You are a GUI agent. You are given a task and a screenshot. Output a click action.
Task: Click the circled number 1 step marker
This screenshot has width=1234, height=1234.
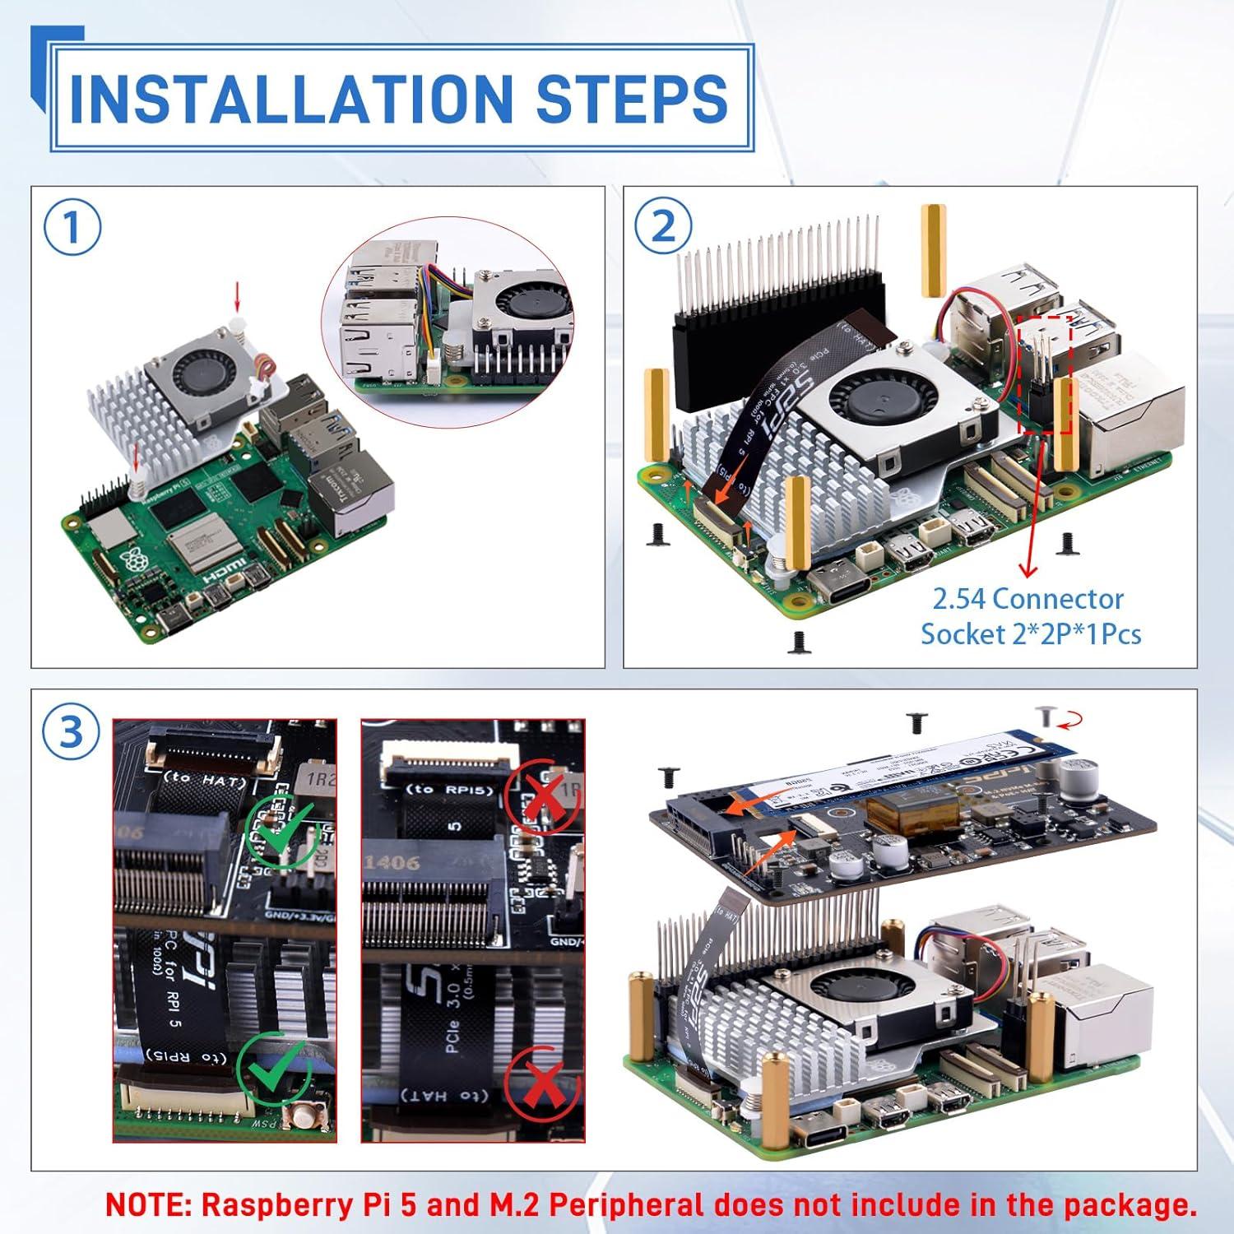(x=72, y=228)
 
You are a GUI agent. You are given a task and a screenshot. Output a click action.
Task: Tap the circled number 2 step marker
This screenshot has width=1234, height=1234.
(x=663, y=228)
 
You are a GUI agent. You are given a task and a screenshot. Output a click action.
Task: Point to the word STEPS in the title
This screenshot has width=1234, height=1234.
(x=632, y=98)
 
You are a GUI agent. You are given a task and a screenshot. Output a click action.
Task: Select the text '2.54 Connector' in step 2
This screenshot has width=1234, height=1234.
(x=1028, y=599)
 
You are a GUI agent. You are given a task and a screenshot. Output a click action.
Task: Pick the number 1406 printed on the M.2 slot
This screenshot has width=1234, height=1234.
(x=392, y=864)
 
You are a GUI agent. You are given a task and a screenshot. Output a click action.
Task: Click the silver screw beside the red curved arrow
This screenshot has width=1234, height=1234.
(x=1046, y=717)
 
